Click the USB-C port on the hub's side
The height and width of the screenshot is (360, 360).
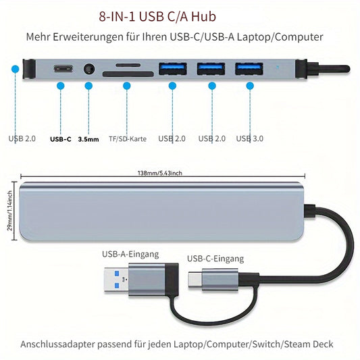tap(63, 69)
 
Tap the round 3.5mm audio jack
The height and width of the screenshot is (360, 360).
tap(89, 69)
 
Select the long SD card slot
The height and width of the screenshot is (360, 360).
tap(128, 74)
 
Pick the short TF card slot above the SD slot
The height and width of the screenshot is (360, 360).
tap(128, 66)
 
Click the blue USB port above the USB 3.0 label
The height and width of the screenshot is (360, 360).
tap(249, 69)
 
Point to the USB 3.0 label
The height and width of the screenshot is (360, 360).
tap(250, 138)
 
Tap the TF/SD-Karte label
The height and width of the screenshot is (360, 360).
tap(128, 138)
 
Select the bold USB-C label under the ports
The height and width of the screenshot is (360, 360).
tap(61, 139)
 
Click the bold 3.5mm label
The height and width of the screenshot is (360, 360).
tap(88, 139)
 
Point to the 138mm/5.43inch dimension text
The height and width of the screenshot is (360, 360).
tap(160, 173)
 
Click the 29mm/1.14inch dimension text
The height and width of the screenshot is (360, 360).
tap(9, 211)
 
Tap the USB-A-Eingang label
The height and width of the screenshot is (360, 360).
tap(130, 254)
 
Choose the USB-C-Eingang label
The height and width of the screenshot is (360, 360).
tap(215, 259)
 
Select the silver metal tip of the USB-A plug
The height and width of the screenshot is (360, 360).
tap(116, 280)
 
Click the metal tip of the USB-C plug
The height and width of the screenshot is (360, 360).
tap(195, 280)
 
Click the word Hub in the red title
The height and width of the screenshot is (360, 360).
tap(204, 16)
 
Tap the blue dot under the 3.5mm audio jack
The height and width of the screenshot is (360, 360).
tap(88, 86)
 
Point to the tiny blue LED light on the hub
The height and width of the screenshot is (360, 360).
tap(277, 68)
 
